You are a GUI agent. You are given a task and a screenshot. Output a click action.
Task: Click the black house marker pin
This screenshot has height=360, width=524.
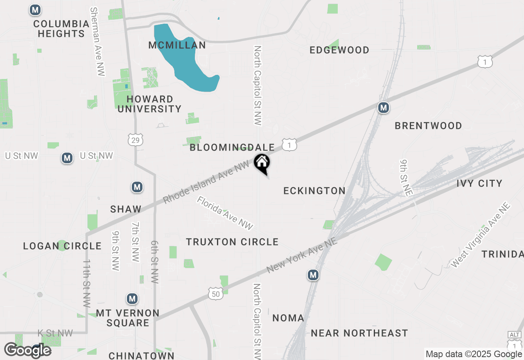[x=262, y=163]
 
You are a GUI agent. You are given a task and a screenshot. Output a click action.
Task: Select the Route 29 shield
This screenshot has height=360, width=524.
[x=135, y=139]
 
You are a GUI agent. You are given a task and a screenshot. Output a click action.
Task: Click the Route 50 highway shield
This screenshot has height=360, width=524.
[x=216, y=293]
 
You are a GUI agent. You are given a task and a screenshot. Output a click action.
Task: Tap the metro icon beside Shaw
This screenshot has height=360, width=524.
[x=137, y=187]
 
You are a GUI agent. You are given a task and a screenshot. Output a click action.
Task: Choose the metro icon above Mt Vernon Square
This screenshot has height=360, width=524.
[x=132, y=299]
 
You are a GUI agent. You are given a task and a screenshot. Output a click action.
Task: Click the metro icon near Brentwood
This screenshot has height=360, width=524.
[x=383, y=108]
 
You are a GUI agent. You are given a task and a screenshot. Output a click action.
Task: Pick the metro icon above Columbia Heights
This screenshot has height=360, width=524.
[x=36, y=10]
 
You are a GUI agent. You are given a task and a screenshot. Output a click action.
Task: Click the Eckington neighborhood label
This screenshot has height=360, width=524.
[x=314, y=191]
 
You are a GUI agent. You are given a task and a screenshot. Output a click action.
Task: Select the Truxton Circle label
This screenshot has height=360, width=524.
[x=232, y=242]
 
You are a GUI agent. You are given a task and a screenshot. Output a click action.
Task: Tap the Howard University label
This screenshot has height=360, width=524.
[x=149, y=104]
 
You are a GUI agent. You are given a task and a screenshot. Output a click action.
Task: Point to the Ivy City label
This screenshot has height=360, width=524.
[x=479, y=183]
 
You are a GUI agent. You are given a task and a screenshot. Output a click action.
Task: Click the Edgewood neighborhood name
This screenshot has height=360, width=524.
[x=339, y=50]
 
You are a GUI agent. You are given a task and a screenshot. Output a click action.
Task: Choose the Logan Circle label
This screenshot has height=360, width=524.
[x=62, y=246]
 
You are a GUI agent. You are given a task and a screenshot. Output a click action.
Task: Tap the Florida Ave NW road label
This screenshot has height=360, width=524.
[x=225, y=213]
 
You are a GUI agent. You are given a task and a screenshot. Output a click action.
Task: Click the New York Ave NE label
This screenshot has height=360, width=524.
[x=302, y=256]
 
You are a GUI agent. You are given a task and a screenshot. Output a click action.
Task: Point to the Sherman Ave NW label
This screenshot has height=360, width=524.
[x=97, y=41]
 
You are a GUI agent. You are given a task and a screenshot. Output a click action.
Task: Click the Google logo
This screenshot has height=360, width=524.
[x=28, y=350]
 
